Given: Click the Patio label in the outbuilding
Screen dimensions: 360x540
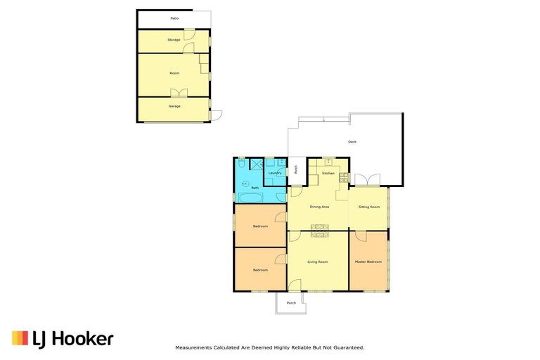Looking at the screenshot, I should pos(174,18).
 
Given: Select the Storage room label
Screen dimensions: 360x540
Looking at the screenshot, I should pos(174,40).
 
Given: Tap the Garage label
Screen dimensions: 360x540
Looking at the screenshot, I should pos(174,106).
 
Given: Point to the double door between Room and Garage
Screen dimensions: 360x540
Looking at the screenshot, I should pos(179,94).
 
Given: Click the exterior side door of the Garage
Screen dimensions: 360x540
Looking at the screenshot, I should pos(216,115).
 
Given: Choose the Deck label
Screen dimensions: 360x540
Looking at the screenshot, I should pos(352,142).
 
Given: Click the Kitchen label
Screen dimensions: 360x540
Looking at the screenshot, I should pos(328,173).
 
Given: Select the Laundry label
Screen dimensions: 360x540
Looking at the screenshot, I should pos(275,173).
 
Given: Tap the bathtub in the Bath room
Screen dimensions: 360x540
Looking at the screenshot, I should pos(250,197).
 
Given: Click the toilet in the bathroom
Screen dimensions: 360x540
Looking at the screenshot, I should pos(242,164).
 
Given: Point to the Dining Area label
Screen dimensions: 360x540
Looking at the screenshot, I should pos(320,207).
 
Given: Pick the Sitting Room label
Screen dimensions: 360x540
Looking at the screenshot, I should pos(369,207).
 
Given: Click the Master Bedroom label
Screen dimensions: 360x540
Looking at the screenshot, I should pos(368,262).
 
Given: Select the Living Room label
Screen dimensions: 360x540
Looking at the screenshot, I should pos(318,262).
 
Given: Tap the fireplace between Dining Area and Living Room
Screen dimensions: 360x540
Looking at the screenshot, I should pos(320,227).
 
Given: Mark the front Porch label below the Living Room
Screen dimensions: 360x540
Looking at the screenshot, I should pos(291,302).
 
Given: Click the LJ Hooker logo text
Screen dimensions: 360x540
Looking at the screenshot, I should pos(72,339).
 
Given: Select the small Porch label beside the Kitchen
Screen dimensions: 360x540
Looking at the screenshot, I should pos(296,169).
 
